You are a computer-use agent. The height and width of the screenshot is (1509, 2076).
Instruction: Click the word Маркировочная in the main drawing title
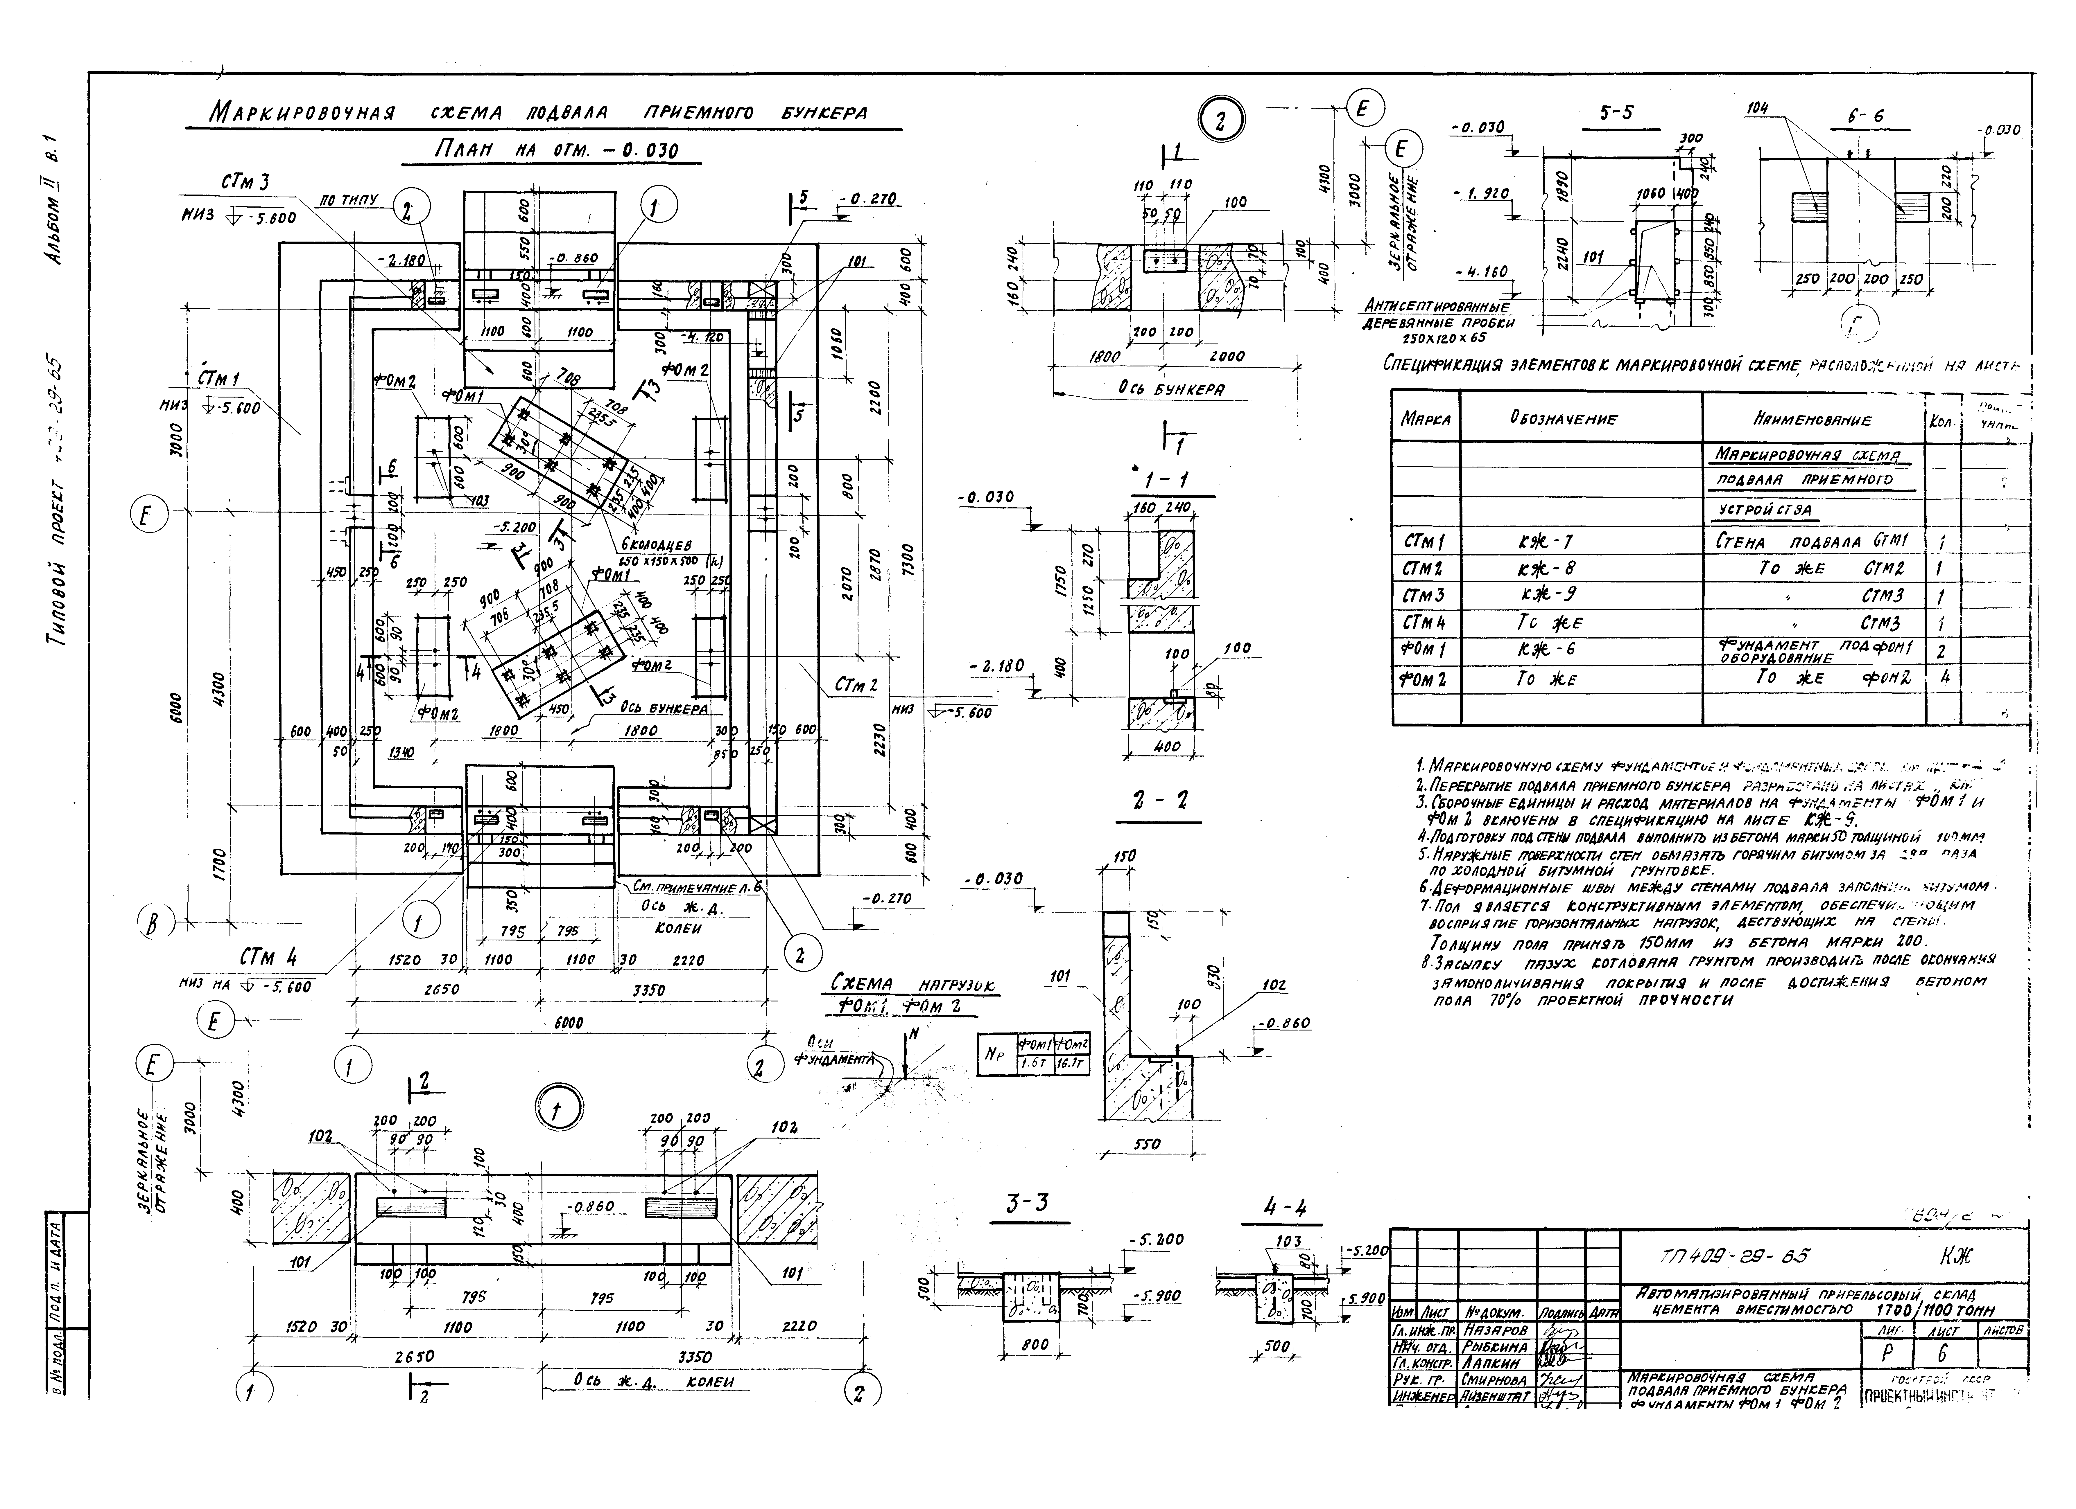coord(302,114)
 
